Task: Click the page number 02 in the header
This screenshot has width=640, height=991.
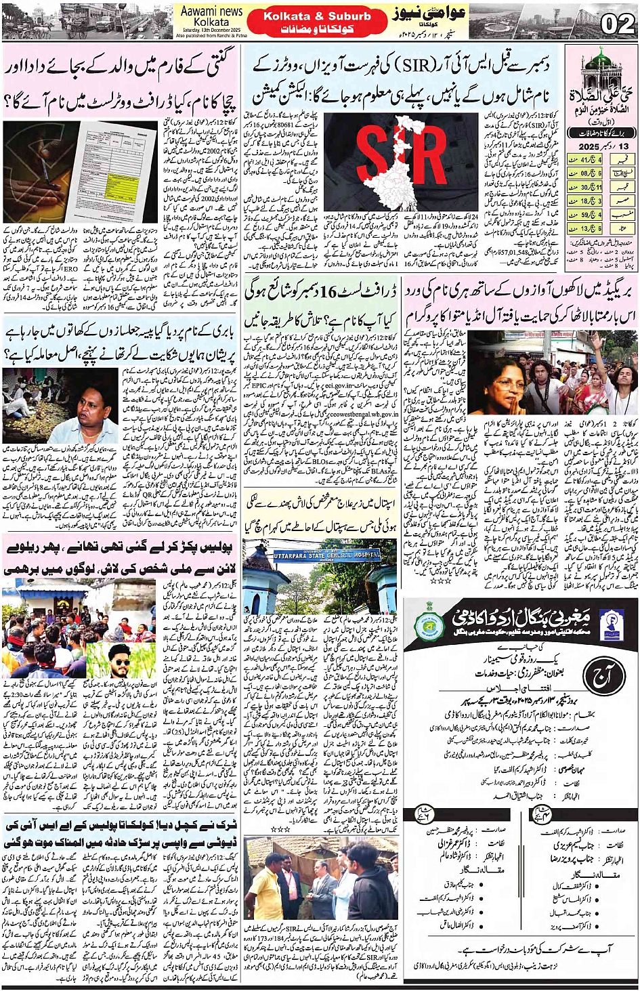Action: [x=618, y=24]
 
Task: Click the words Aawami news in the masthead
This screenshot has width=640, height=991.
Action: [x=211, y=12]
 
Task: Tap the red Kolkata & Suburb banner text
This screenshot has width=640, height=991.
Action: [x=317, y=16]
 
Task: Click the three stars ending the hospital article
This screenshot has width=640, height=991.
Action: [x=279, y=828]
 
